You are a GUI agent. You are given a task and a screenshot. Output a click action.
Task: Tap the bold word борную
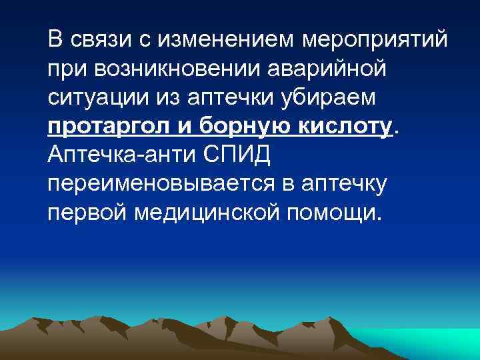pyautogui.click(x=236, y=127)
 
